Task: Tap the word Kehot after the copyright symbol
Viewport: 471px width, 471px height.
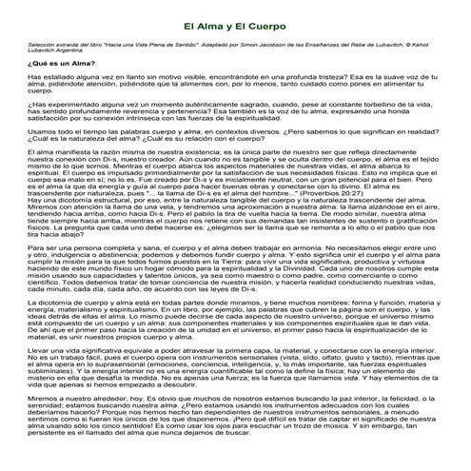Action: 448,44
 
